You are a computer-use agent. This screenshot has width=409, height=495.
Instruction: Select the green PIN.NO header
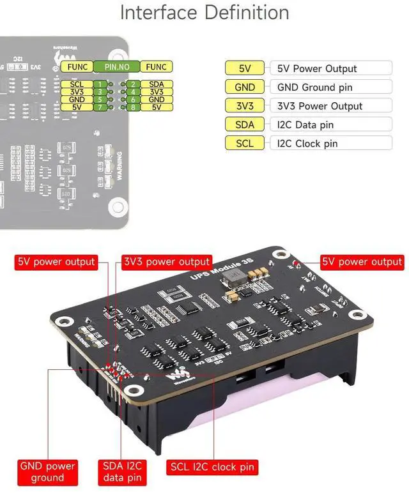point(117,66)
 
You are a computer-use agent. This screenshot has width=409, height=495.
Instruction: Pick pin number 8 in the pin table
point(132,107)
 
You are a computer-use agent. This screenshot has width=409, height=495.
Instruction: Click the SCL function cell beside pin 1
point(77,84)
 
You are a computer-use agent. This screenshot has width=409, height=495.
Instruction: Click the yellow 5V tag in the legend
point(245,68)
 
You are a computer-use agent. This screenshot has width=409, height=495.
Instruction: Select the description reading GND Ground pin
point(331,87)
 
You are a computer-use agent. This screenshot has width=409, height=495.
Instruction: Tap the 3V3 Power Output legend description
point(331,106)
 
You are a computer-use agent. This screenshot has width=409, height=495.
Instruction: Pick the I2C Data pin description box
point(331,125)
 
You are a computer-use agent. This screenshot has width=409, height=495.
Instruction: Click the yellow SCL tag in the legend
point(245,143)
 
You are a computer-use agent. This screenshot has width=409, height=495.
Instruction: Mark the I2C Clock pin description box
point(331,143)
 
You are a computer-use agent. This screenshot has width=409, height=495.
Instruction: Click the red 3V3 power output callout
point(167,262)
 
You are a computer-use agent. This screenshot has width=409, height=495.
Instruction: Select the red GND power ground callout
point(47,472)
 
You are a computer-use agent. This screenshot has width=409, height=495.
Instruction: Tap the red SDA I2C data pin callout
point(122,472)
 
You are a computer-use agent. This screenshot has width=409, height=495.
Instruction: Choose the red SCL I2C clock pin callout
point(212,467)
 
